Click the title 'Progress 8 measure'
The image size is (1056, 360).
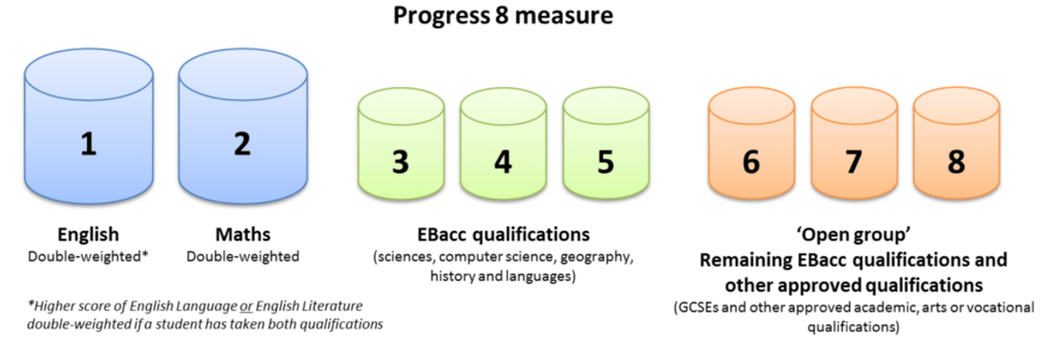[x=503, y=16]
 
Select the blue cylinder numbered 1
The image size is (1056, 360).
[x=89, y=127]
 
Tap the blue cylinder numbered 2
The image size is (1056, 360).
[x=243, y=127]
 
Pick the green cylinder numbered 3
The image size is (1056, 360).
[x=401, y=143]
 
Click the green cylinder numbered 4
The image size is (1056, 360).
[x=503, y=143]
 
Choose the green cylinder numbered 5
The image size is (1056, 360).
[x=606, y=143]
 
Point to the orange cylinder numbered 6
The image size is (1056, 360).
[x=752, y=143]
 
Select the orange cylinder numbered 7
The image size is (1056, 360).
[x=854, y=143]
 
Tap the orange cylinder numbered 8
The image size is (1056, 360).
[x=957, y=143]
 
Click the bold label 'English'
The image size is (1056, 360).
[x=88, y=235]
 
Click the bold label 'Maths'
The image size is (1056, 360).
[x=243, y=234]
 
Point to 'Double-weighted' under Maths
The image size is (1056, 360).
[x=243, y=257]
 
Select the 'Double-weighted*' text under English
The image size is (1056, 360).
[x=88, y=257]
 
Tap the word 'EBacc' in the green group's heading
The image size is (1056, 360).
[x=442, y=234]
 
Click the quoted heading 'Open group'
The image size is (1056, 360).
[x=854, y=235]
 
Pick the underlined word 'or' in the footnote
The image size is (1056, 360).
[x=246, y=306]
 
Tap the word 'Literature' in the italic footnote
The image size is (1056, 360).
[x=333, y=306]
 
